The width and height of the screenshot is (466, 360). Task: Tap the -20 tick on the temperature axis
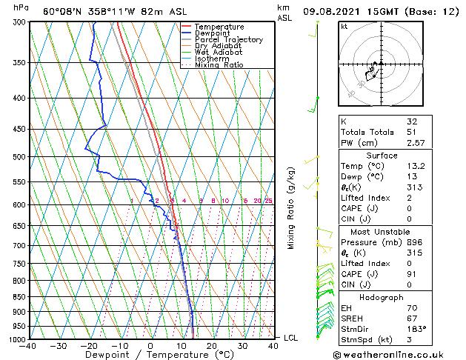pyautogui.click(x=89, y=346)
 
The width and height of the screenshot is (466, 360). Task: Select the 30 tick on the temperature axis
pyautogui.click(x=242, y=346)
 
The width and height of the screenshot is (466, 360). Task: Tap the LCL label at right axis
pyautogui.click(x=291, y=338)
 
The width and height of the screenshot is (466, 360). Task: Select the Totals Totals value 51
pyautogui.click(x=411, y=132)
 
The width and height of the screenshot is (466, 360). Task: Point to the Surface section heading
pyautogui.click(x=401, y=155)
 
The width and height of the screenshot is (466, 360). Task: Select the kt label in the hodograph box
pyautogui.click(x=344, y=27)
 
